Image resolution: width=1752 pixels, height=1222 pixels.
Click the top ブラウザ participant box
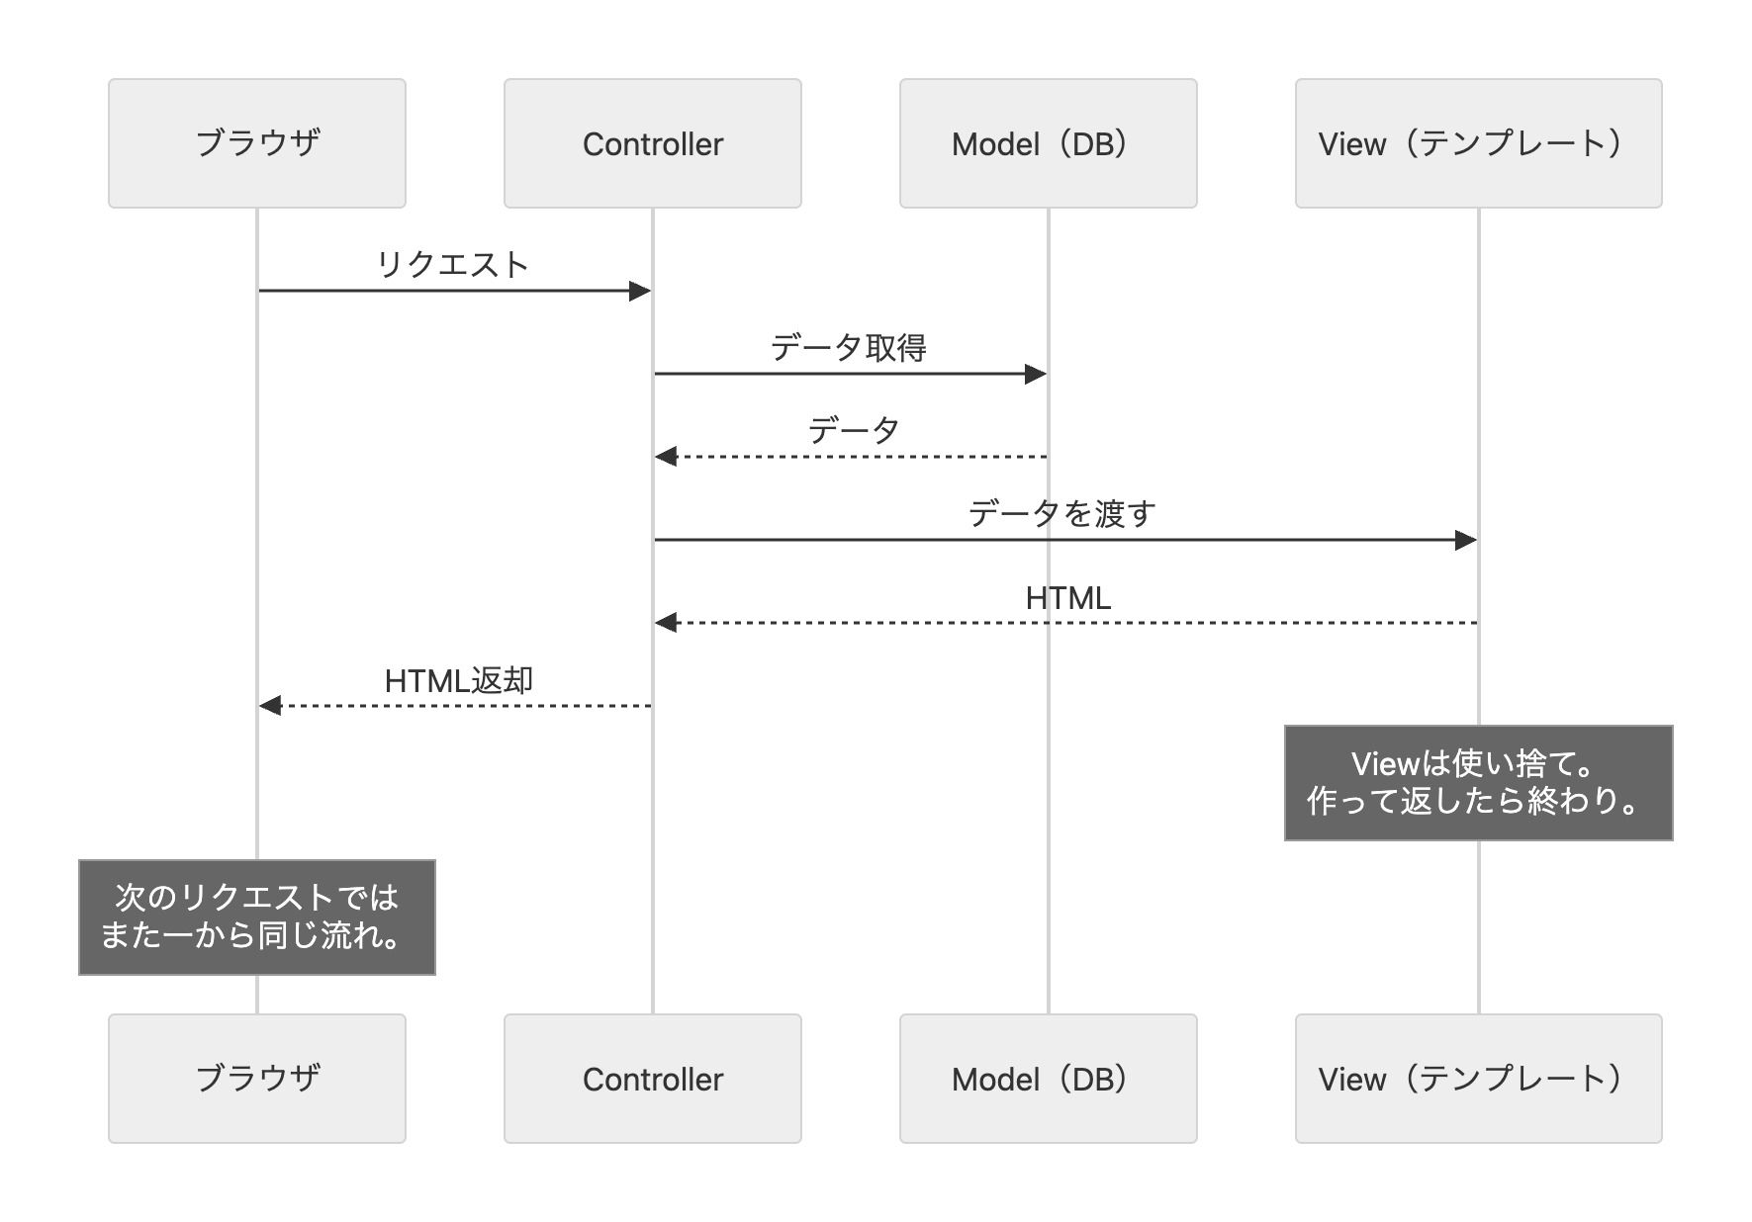(257, 143)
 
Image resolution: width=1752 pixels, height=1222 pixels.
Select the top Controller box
(653, 143)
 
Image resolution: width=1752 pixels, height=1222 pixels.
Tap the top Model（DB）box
(1048, 143)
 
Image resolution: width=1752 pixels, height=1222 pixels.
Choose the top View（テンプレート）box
(1478, 143)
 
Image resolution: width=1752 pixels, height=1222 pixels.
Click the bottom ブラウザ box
(257, 1079)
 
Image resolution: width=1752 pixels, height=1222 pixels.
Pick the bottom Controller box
(653, 1079)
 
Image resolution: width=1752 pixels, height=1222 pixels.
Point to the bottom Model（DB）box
(1048, 1079)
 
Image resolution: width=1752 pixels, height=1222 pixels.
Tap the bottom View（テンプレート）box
(1478, 1079)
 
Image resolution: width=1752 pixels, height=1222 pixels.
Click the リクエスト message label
(453, 265)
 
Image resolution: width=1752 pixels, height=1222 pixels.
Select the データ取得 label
(848, 348)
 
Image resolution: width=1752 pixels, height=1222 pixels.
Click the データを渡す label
(1061, 514)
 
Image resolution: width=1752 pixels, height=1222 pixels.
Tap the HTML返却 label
(458, 681)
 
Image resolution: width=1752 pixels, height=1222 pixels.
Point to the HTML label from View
(1067, 598)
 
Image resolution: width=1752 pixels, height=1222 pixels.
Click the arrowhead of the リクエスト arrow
(640, 291)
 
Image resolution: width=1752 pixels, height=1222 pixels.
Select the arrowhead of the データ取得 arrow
(1036, 374)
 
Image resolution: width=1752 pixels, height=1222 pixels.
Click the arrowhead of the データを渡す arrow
(1466, 540)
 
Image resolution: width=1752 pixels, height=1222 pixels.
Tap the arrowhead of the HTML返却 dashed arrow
(270, 706)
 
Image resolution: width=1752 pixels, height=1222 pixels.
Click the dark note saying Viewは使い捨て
(1478, 783)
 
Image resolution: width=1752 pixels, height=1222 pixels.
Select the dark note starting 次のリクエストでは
(257, 917)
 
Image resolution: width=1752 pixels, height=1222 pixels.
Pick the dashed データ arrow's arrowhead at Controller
(666, 457)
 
